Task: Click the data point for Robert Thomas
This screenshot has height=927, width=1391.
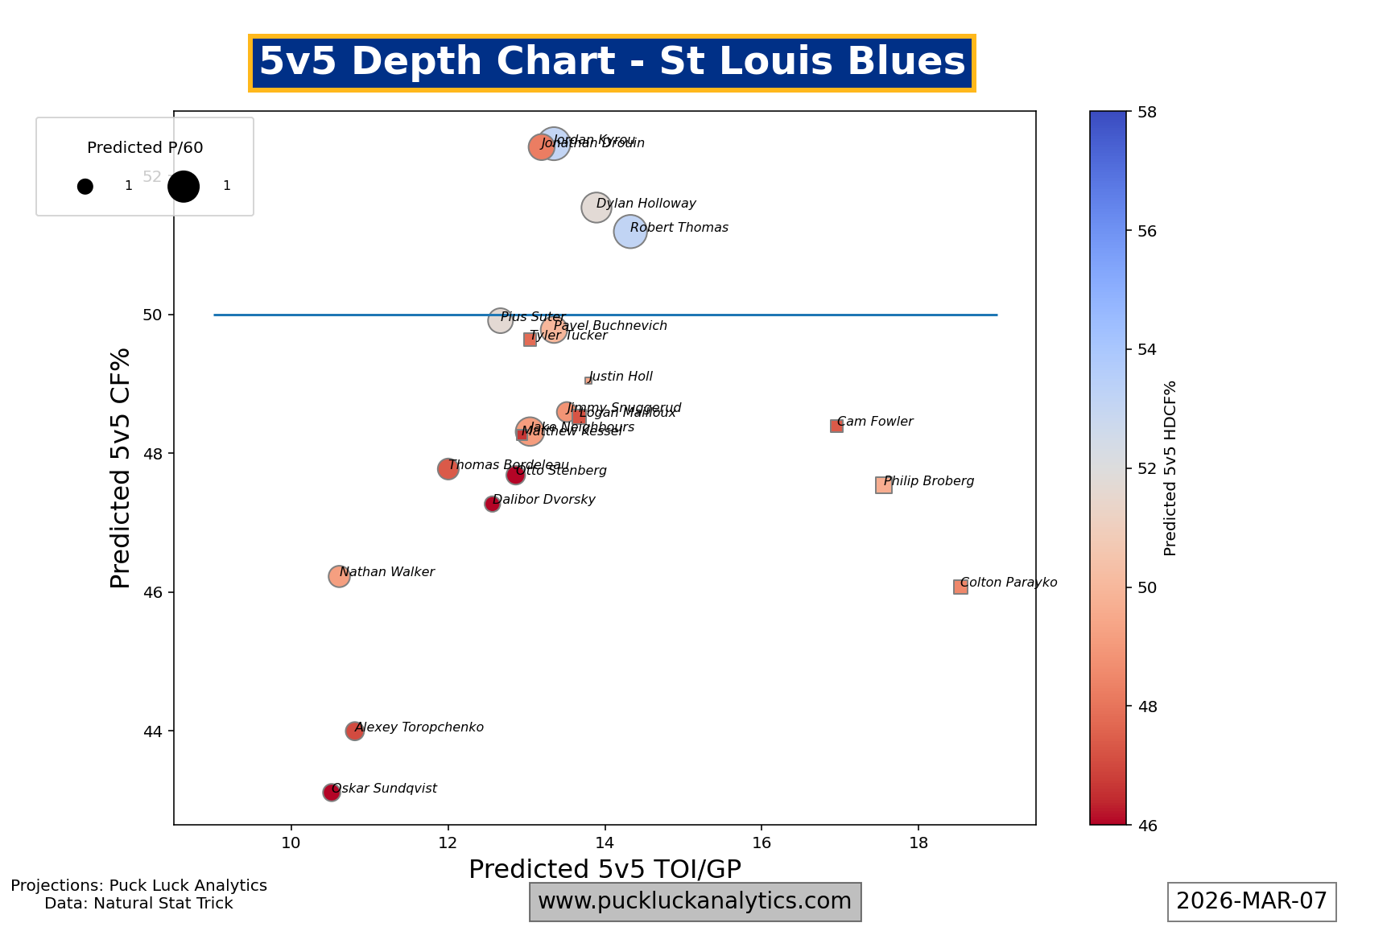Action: point(630,232)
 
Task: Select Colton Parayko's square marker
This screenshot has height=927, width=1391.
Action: point(960,587)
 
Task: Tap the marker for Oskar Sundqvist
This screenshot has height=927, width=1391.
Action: point(331,793)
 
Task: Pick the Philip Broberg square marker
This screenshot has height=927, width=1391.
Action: point(883,485)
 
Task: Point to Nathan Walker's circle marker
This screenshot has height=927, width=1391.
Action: point(339,576)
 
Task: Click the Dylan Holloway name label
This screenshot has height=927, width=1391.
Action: point(646,204)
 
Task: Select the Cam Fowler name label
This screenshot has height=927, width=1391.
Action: point(875,422)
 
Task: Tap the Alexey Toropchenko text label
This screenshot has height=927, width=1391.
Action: point(419,727)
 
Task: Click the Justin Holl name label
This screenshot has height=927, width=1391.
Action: point(620,377)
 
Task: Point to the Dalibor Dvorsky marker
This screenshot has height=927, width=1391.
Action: point(492,505)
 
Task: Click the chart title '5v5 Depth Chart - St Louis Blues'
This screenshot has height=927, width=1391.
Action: point(612,63)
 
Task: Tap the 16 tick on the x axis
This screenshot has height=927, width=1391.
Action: point(761,843)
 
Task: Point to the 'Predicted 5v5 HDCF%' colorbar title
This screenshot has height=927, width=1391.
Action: point(1170,468)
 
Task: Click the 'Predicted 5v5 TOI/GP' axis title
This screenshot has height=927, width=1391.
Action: point(605,870)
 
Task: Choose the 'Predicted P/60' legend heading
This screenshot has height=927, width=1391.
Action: point(145,148)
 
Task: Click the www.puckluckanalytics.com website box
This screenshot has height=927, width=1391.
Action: point(695,901)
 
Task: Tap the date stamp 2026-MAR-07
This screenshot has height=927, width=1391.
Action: point(1251,901)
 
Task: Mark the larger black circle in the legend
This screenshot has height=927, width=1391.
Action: point(184,187)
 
